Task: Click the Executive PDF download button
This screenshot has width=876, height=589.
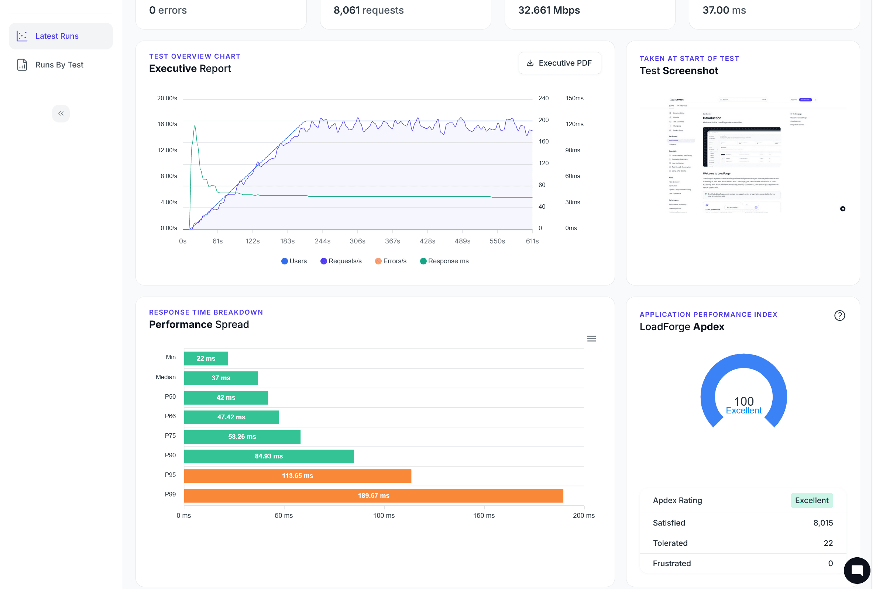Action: [x=559, y=63]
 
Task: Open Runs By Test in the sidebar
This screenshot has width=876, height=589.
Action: [x=59, y=65]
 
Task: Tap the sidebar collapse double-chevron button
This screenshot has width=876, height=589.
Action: [x=61, y=114]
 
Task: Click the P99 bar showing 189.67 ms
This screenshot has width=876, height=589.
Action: [x=373, y=495]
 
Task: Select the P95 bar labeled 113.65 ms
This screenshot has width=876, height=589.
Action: [x=298, y=476]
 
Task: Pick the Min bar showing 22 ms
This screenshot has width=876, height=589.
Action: [x=206, y=358]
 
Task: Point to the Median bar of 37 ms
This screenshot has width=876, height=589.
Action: [x=221, y=378]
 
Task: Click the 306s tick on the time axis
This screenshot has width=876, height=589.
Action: [x=357, y=241]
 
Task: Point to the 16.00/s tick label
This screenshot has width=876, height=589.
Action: [x=167, y=124]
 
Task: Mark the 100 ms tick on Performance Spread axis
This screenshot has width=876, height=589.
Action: [x=384, y=516]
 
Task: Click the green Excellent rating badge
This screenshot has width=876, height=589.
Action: [x=811, y=500]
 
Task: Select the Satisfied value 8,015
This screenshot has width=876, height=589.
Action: [x=822, y=523]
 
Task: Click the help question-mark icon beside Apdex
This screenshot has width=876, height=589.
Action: [x=839, y=316]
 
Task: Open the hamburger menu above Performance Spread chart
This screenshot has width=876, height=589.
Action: [x=591, y=339]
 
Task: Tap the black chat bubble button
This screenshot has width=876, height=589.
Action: [x=856, y=570]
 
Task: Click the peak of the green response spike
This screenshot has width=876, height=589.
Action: [x=195, y=126]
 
